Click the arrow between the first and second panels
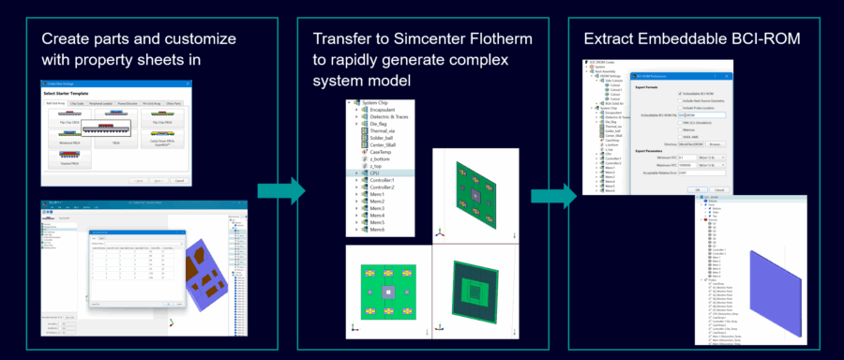(282, 194)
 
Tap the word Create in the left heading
(66, 39)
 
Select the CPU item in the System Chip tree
(369, 173)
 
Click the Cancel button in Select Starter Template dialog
(178, 180)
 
